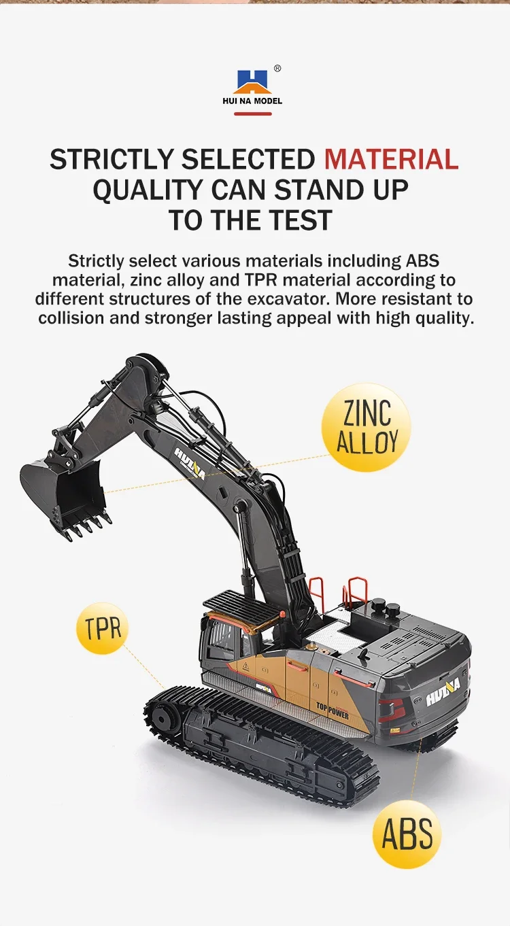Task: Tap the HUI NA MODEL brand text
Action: (x=252, y=101)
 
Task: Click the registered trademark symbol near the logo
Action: (x=277, y=69)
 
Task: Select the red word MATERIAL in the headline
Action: (x=391, y=159)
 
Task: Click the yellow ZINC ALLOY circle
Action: (x=366, y=427)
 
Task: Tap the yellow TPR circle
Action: (x=103, y=628)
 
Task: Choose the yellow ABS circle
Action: (x=407, y=834)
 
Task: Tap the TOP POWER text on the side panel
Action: (x=333, y=711)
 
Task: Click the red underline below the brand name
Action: (x=253, y=114)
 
